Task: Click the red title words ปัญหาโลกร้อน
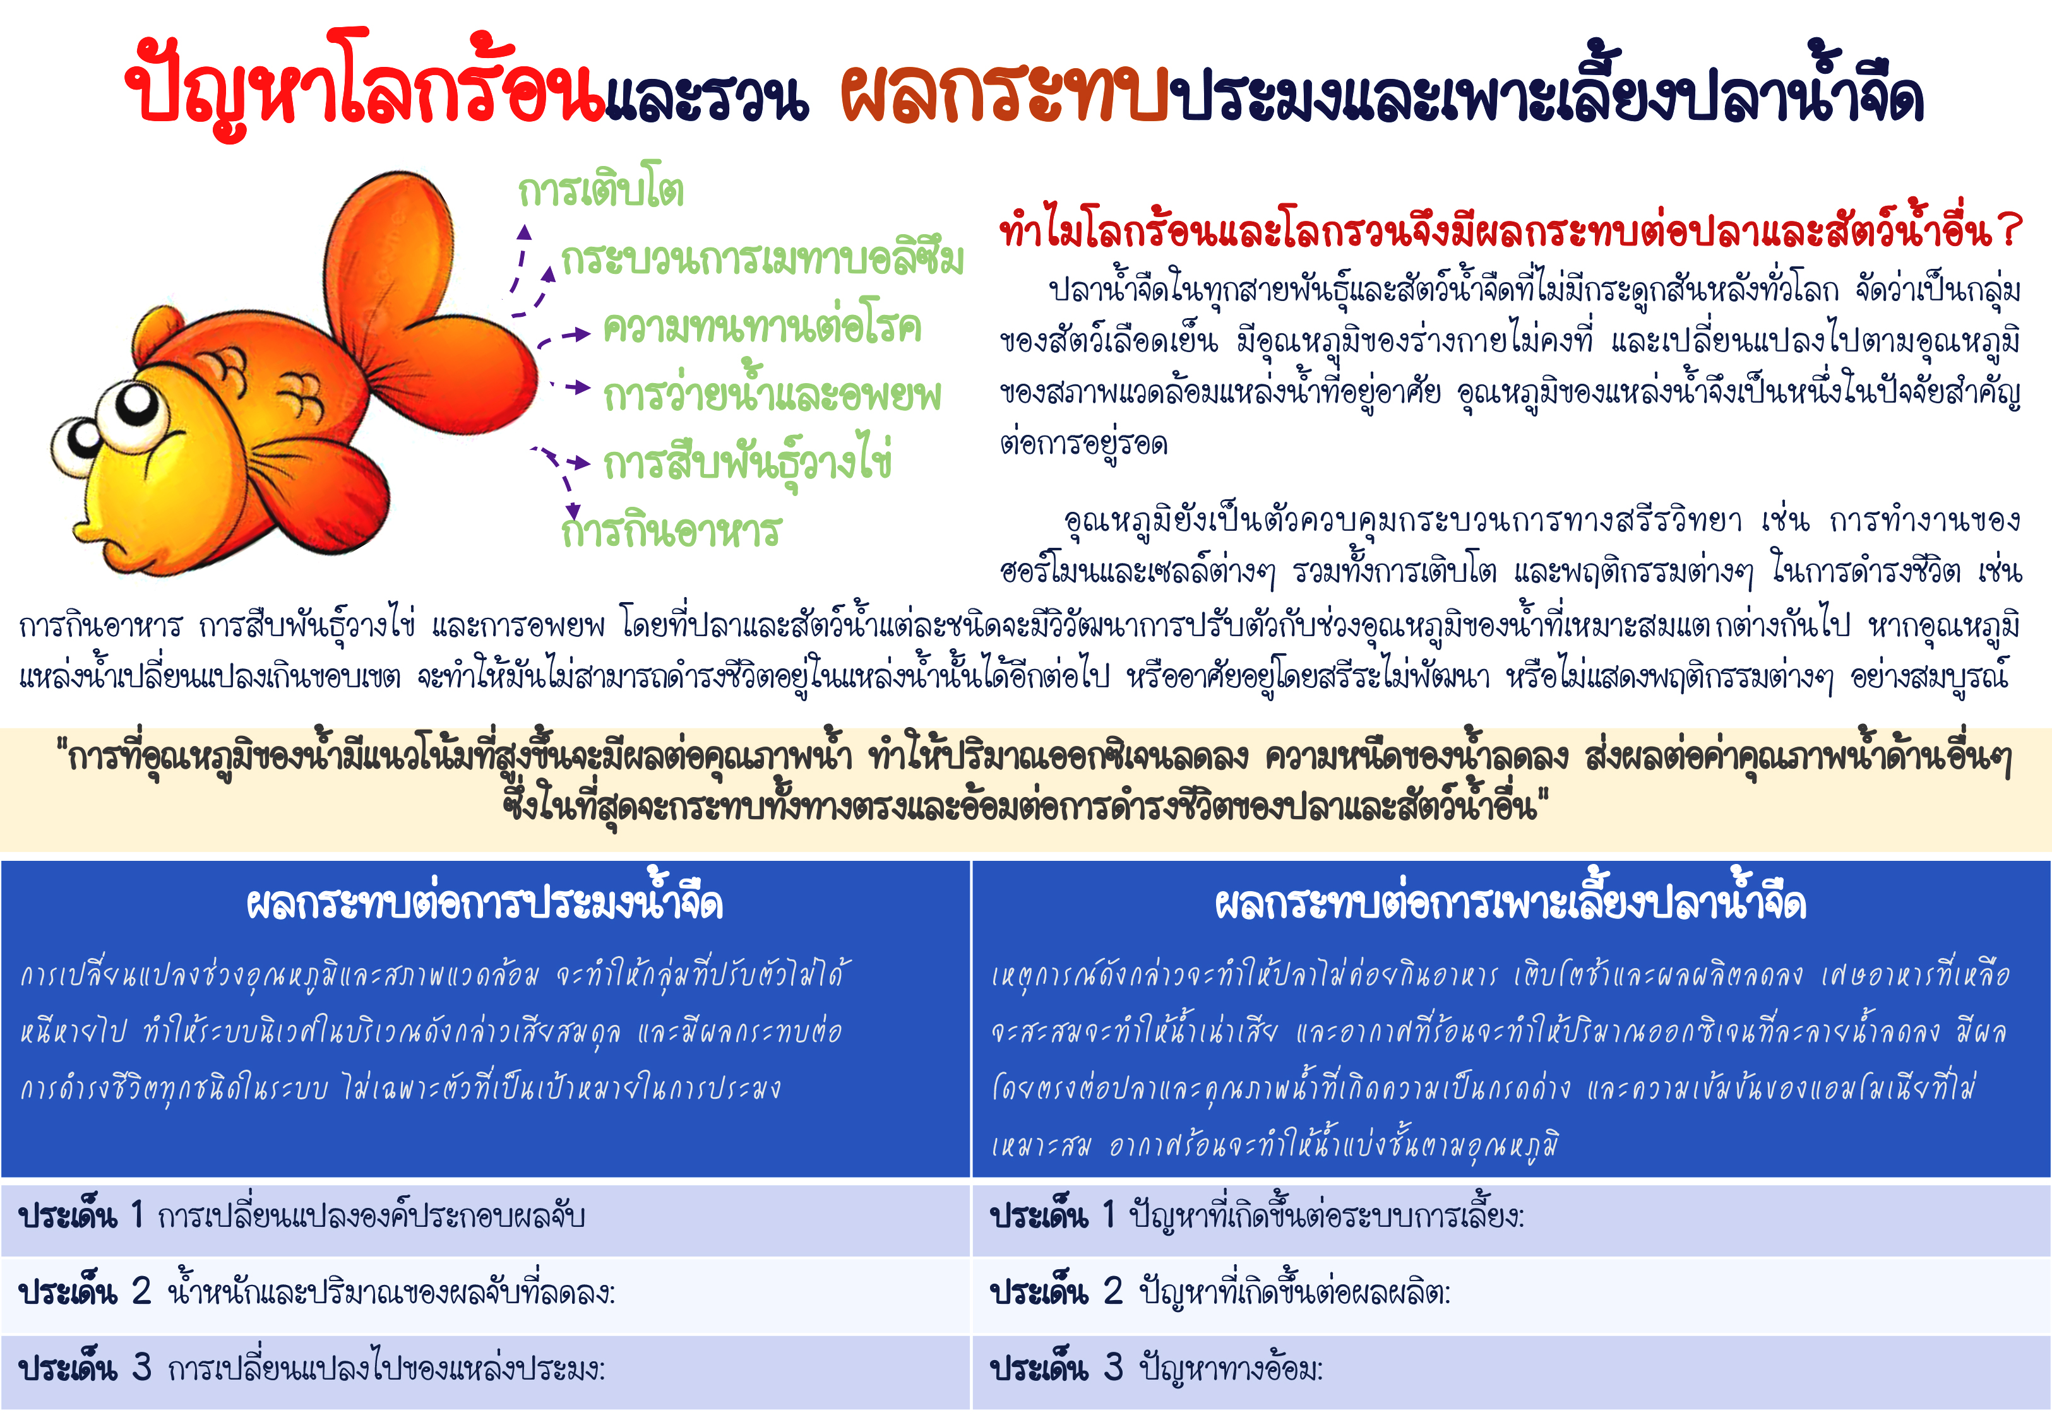point(366,85)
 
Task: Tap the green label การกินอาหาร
point(671,530)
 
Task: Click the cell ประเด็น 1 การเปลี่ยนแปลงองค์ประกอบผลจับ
point(485,1216)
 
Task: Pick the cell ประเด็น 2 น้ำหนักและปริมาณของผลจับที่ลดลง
point(485,1292)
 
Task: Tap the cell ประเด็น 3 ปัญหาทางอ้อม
point(1511,1370)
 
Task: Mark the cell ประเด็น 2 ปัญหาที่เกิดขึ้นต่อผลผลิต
point(1511,1292)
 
